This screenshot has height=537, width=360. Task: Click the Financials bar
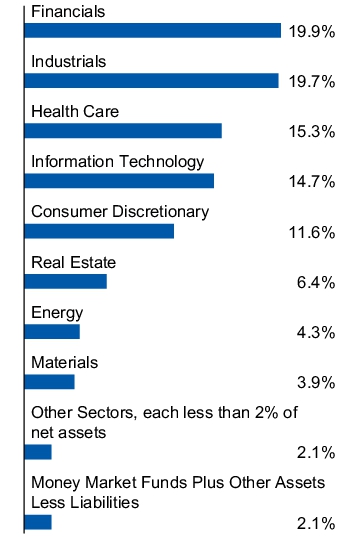[152, 31]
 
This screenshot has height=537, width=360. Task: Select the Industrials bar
[151, 81]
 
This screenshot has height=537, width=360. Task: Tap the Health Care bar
[122, 131]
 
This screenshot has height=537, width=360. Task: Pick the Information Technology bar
[119, 181]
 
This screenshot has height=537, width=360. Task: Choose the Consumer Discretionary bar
[98, 231]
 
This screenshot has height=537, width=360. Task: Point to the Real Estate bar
[65, 282]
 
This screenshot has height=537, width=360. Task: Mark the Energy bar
[51, 332]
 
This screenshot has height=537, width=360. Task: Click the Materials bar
[49, 382]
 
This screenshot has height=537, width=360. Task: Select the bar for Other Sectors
[37, 452]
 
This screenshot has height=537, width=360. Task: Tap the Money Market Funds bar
[37, 522]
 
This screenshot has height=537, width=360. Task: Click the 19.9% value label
[311, 32]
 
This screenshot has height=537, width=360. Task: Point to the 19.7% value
[311, 82]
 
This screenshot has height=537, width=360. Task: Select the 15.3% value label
[311, 132]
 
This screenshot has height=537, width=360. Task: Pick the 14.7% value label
[311, 182]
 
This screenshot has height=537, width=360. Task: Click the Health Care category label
[75, 112]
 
